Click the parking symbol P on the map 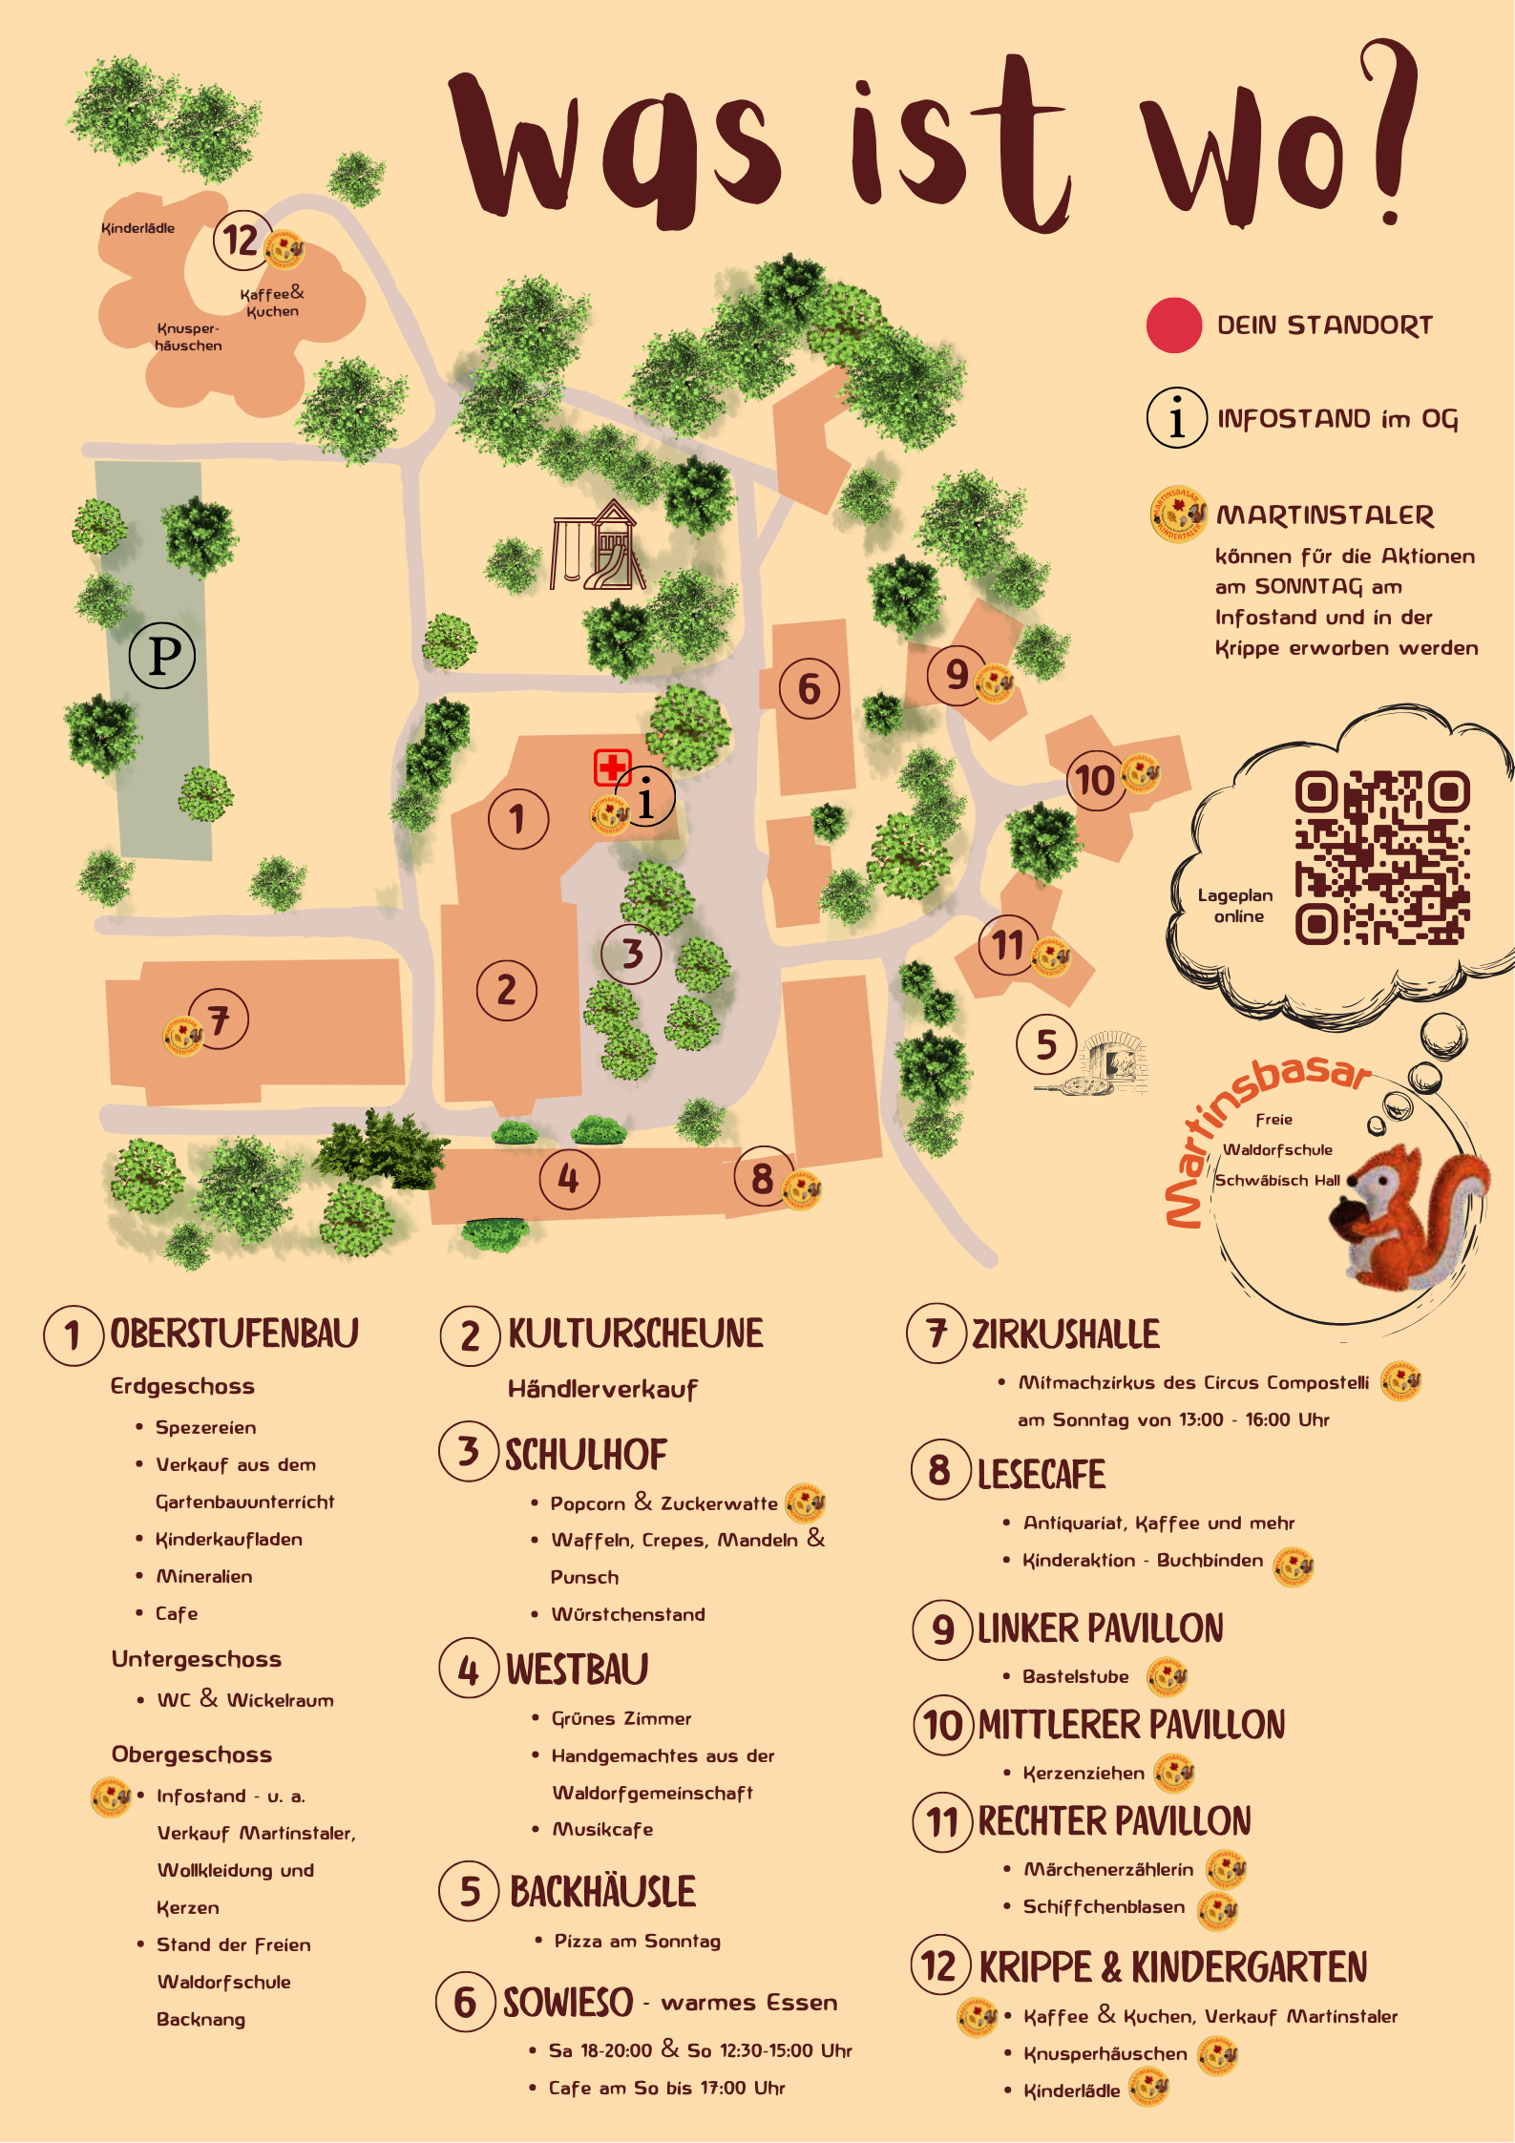(x=162, y=655)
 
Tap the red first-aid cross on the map (x=612, y=767)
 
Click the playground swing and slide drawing (x=598, y=546)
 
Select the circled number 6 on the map (x=809, y=688)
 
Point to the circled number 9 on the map (x=956, y=675)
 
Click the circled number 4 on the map (x=569, y=1179)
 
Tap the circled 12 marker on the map (x=241, y=240)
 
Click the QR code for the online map (x=1380, y=857)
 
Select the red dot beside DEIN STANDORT (x=1173, y=326)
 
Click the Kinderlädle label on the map (x=137, y=228)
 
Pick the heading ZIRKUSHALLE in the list (x=1065, y=1334)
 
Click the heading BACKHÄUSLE (x=602, y=1891)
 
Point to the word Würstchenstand (x=628, y=1614)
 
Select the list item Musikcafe (x=603, y=1829)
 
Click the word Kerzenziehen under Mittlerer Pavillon (x=1084, y=1773)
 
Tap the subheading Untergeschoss (x=197, y=1659)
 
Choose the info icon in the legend (x=1176, y=418)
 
